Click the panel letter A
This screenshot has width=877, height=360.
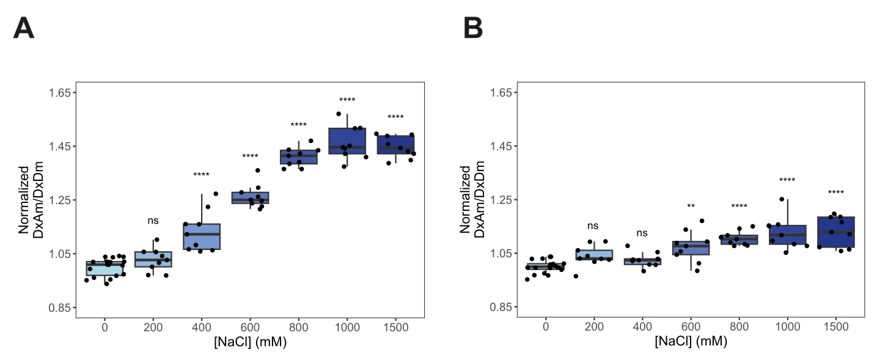[24, 29]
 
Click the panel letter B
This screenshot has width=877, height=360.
[473, 29]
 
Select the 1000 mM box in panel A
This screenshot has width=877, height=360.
[347, 141]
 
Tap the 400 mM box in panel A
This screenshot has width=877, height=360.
[202, 237]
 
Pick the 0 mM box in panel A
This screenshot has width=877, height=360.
[105, 268]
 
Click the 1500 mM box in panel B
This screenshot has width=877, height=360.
[836, 232]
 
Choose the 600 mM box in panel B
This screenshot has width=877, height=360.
[691, 248]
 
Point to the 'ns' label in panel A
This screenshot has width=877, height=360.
[153, 221]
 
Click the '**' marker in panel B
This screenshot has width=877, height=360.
[691, 206]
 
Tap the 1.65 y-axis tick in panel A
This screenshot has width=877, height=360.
[59, 93]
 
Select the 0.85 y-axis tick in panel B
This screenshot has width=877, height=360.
[501, 307]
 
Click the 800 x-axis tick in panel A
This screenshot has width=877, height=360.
[299, 327]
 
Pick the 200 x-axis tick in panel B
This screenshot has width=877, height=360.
[594, 327]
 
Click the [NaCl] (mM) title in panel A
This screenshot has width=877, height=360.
[250, 342]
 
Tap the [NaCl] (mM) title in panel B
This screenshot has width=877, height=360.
[691, 341]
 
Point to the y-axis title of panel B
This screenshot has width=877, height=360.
[472, 199]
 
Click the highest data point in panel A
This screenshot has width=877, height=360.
[339, 114]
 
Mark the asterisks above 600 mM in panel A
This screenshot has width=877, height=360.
[250, 156]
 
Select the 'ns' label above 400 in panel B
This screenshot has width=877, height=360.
[642, 233]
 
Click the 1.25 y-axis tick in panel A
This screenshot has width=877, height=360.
[59, 200]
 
